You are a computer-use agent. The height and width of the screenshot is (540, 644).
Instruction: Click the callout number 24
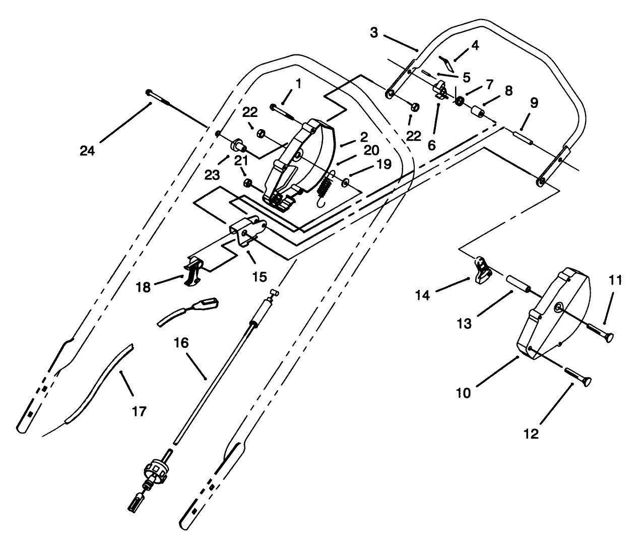pyautogui.click(x=88, y=150)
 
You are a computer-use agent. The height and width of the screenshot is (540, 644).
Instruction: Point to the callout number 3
pyautogui.click(x=373, y=33)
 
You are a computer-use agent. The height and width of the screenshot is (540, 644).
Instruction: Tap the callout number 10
pyautogui.click(x=463, y=392)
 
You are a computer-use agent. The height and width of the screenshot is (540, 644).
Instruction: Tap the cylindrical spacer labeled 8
pyautogui.click(x=478, y=110)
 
